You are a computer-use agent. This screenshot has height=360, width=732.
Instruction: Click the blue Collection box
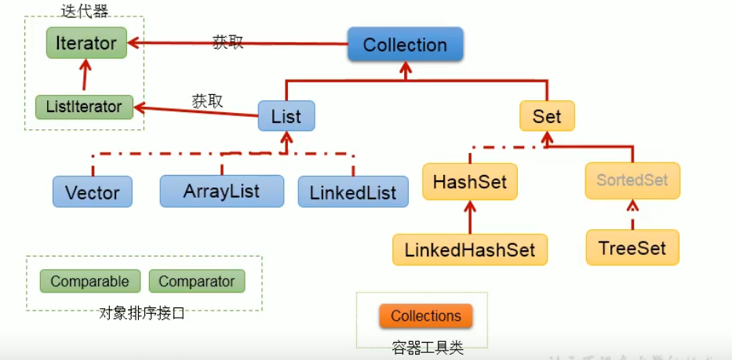405,45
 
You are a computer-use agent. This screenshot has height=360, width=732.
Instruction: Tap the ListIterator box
84,107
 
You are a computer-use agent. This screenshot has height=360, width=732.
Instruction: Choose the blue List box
286,117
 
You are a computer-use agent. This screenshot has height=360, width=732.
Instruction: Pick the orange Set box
547,117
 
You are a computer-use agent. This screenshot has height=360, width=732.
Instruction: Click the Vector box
93,192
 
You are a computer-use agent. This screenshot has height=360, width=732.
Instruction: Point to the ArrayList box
221,191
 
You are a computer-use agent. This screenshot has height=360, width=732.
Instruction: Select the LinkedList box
353,192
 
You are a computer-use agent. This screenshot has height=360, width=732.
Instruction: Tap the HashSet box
470,182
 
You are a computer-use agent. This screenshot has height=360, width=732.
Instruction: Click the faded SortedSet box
632,180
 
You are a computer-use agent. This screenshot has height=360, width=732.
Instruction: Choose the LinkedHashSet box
470,250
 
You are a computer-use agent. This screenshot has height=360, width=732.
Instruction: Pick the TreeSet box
632,249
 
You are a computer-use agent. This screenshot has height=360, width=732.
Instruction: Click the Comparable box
90,281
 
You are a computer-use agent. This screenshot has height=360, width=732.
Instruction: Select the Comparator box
197,281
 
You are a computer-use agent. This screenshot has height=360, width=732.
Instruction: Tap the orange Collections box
426,316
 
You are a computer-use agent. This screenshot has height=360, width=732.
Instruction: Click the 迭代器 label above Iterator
84,11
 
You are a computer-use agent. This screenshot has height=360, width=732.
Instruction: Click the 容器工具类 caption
427,348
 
